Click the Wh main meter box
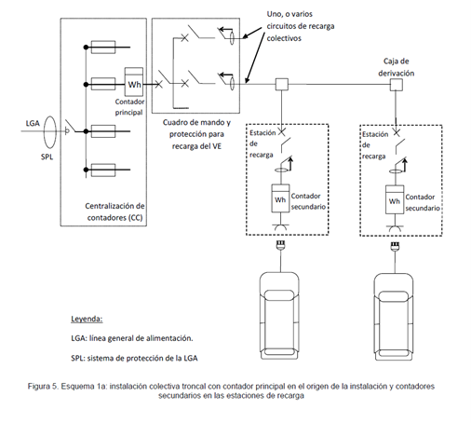134,82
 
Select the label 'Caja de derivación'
396,67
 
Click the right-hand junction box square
396,85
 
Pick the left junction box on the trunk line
282,85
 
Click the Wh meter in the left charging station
280,198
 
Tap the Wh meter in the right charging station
395,199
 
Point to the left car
279,316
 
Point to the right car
394,317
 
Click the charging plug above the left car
281,245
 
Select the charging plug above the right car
395,246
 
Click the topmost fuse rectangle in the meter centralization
103,48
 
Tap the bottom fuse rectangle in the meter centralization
103,170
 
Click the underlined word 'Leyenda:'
87,319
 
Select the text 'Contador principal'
129,107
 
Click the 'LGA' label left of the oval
33,123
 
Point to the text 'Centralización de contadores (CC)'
114,211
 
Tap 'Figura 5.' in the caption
43,387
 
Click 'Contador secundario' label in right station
423,202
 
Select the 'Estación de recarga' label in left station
262,143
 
